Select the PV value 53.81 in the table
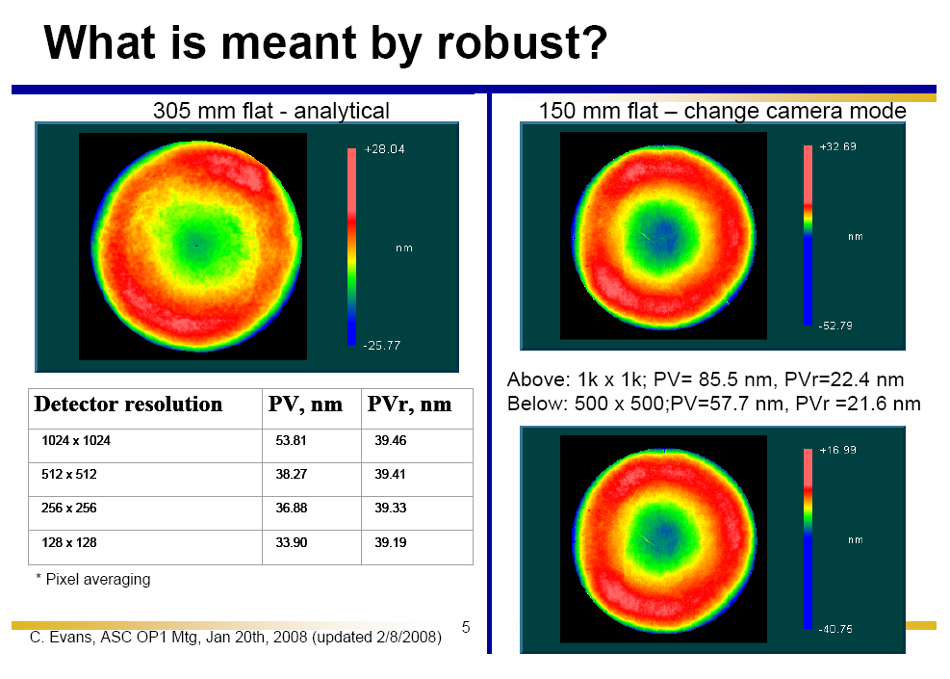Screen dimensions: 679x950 coord(291,441)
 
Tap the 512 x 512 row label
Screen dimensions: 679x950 coord(69,475)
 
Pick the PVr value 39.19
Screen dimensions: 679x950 coord(391,542)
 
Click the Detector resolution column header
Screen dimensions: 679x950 coord(128,405)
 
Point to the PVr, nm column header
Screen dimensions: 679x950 coord(409,405)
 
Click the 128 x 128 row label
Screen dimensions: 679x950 coord(69,542)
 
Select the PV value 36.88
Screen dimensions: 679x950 coord(291,509)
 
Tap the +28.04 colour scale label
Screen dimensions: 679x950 coord(383,150)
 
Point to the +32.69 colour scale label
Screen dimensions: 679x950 coord(837,147)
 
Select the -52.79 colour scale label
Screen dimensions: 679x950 coord(835,326)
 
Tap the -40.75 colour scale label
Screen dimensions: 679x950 coord(835,630)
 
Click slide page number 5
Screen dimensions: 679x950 coord(466,628)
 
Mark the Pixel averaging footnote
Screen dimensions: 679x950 coord(98,579)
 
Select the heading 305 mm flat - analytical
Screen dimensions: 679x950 coord(271,111)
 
